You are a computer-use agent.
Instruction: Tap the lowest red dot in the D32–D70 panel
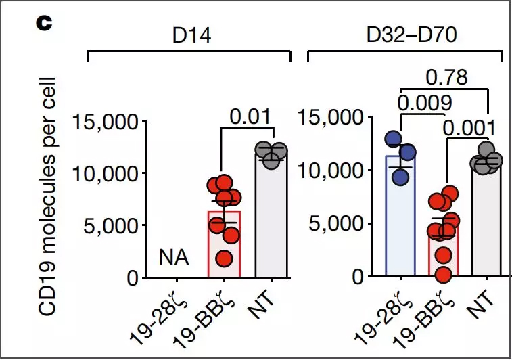coord(442,273)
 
